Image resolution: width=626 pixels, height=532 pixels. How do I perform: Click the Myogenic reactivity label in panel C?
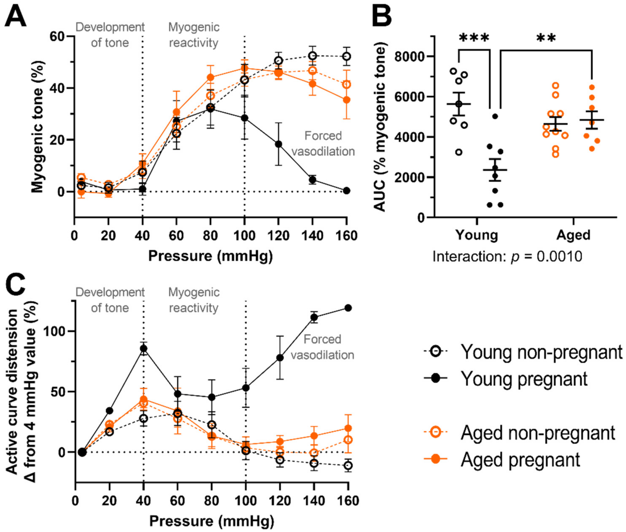(x=194, y=300)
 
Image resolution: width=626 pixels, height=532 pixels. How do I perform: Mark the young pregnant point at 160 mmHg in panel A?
(x=347, y=191)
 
